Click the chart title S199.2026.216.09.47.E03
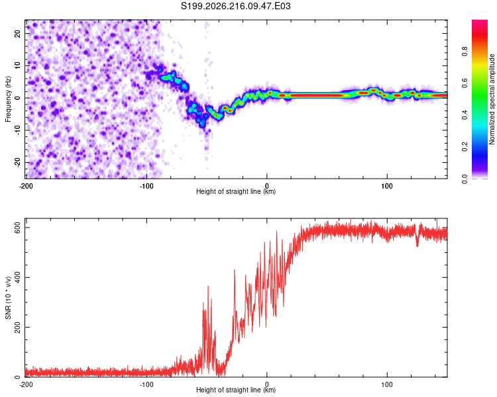point(235,6)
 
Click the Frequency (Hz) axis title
point(8,99)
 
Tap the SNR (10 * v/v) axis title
point(8,298)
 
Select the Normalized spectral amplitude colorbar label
point(492,99)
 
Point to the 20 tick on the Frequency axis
point(17,33)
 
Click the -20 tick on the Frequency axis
point(17,162)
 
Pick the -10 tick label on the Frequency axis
point(17,130)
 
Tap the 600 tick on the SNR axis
point(17,228)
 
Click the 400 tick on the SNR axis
point(17,277)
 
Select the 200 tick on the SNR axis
point(17,327)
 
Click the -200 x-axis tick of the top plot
point(26,186)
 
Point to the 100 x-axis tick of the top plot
point(387,186)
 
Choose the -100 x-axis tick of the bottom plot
point(146,384)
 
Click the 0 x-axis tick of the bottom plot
point(267,384)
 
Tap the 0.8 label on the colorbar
point(465,52)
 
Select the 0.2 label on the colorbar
point(465,147)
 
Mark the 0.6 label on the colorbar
point(465,83)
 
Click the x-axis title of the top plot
point(236,191)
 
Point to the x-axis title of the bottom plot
point(236,390)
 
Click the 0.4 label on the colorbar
point(465,115)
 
